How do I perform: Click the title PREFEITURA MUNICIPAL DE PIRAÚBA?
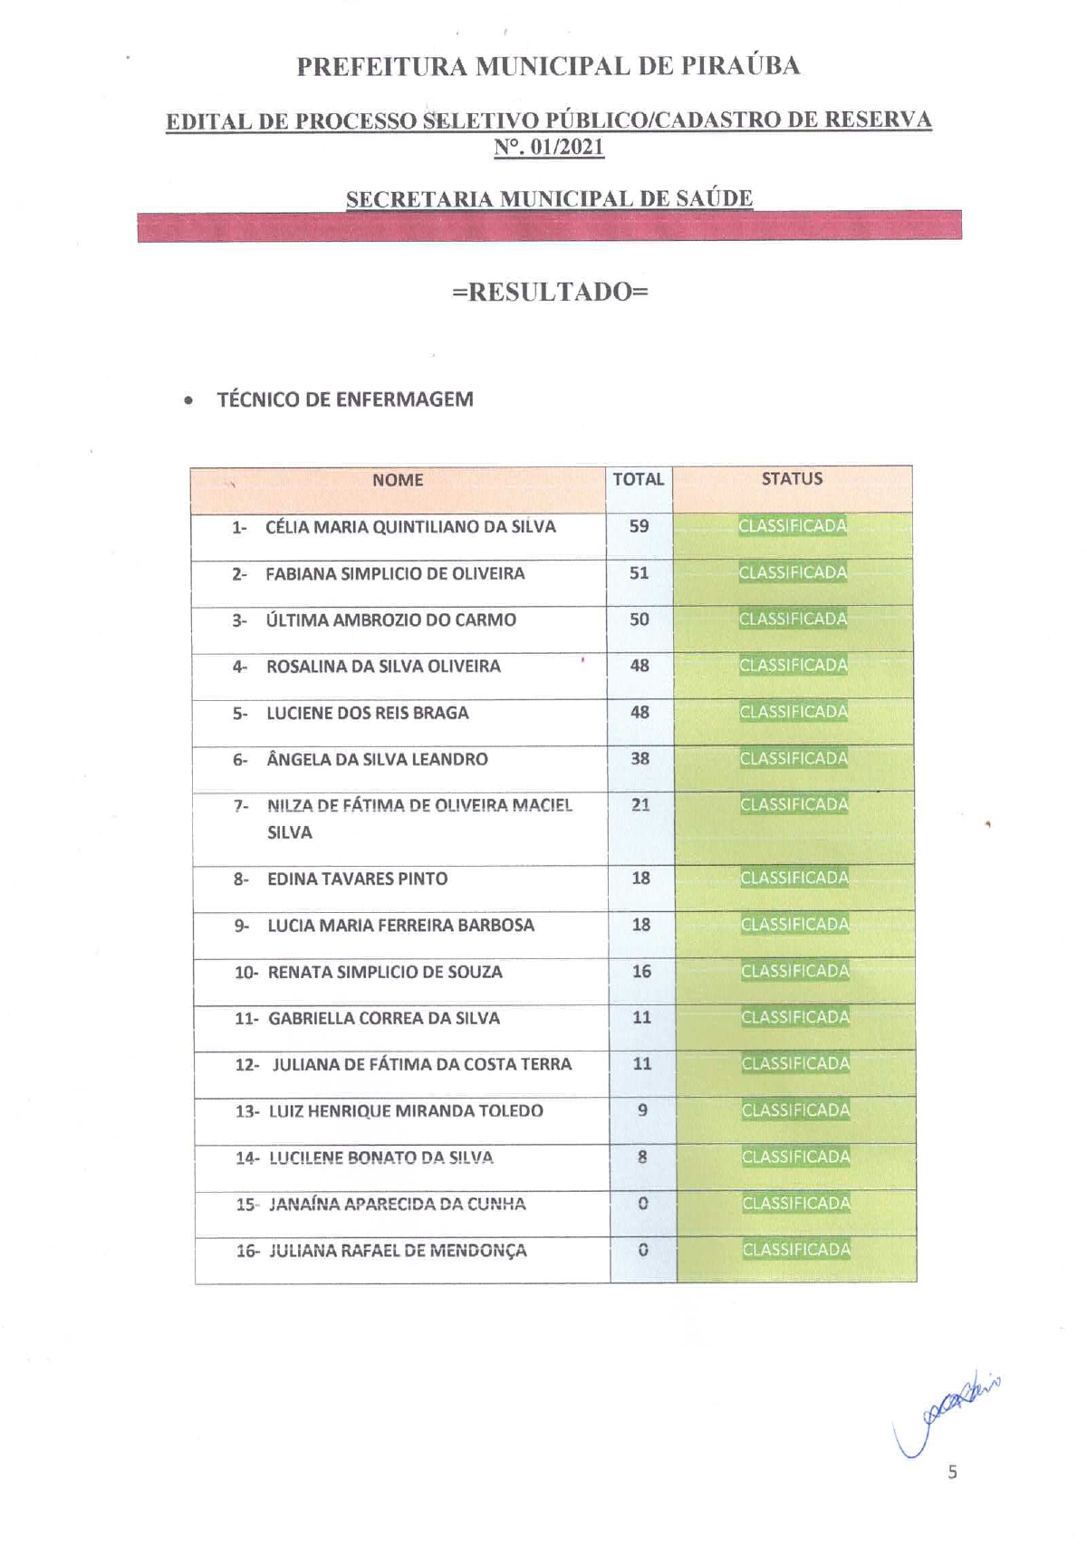[x=548, y=66]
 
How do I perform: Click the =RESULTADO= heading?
[x=551, y=292]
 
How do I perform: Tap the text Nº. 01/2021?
[x=549, y=147]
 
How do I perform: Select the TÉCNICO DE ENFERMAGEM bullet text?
[x=345, y=399]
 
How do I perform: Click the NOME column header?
[x=398, y=480]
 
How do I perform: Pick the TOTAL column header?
[x=639, y=479]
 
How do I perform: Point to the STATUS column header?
[x=792, y=478]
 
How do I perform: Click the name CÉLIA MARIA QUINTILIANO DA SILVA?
[x=410, y=527]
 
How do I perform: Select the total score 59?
[x=640, y=526]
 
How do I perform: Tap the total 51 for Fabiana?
[x=640, y=572]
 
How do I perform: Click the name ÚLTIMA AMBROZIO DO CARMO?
[x=390, y=620]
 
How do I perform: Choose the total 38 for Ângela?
[x=640, y=759]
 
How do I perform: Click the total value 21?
[x=640, y=804]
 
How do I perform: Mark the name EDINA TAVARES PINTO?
[x=357, y=879]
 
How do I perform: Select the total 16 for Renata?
[x=641, y=971]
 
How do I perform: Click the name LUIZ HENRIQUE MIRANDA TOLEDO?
[x=406, y=1111]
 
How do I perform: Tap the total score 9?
[x=642, y=1110]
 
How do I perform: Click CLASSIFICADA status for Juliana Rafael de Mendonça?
[x=796, y=1250]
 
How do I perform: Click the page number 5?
[x=952, y=1473]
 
